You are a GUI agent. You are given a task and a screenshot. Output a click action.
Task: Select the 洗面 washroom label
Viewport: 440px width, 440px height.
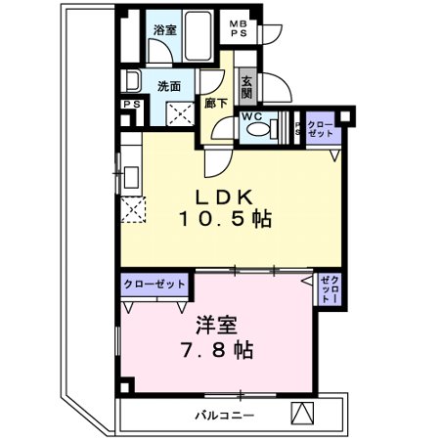point(170,86)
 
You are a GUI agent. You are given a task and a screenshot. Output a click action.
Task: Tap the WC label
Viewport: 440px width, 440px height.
point(251,116)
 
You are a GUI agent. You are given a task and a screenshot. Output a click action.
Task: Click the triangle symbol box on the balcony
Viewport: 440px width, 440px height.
point(304,413)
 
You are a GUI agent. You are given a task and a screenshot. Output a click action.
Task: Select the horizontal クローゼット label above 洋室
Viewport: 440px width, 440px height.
point(154,284)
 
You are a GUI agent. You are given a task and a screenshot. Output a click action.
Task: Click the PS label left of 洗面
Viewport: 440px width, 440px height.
point(128,106)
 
